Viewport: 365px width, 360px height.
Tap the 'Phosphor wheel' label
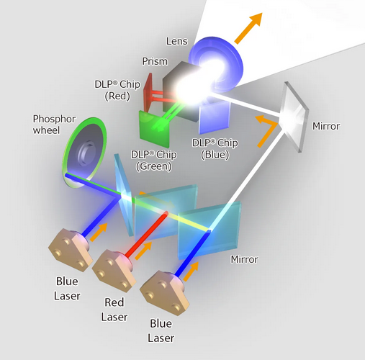tap(53, 125)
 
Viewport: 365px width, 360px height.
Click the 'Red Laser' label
tap(114, 310)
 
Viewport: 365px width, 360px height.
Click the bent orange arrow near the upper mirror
tap(268, 130)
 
